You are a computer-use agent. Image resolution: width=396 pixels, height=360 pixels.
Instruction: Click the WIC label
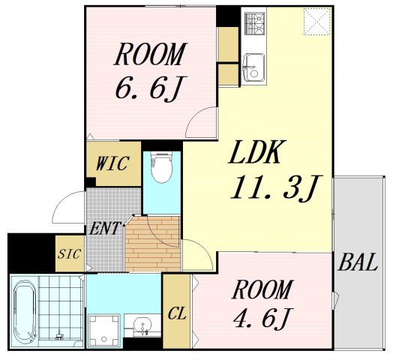click(x=112, y=163)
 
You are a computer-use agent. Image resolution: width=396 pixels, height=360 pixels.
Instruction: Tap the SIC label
click(x=70, y=253)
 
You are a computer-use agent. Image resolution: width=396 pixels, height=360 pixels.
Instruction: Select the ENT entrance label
click(x=104, y=229)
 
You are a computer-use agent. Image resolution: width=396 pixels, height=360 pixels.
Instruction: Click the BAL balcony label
click(x=358, y=262)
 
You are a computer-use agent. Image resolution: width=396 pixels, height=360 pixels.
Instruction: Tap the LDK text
click(x=255, y=152)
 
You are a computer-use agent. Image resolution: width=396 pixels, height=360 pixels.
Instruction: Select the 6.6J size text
click(x=148, y=87)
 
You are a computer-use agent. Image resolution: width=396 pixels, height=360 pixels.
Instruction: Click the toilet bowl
click(x=161, y=167)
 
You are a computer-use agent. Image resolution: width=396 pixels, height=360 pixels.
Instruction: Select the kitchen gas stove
click(x=254, y=24)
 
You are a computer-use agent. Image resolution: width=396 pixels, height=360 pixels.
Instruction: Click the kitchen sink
click(x=253, y=67)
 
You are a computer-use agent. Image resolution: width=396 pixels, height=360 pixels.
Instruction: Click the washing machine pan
click(x=104, y=331)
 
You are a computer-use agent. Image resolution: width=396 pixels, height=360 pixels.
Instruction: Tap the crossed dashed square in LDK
click(x=317, y=22)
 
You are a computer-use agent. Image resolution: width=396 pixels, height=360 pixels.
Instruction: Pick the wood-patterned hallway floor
click(x=153, y=244)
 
